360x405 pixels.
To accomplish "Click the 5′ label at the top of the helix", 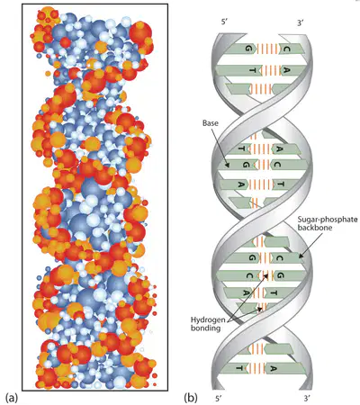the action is coord(225,22).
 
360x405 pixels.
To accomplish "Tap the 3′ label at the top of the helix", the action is coord(301,22).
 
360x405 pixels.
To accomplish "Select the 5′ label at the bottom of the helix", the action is coord(219,399).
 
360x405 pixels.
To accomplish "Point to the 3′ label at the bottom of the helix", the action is coord(306,399).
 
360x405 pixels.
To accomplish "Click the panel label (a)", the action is coord(12,398).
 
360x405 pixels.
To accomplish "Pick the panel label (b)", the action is coord(191,398).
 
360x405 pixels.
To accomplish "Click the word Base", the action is coord(211,123).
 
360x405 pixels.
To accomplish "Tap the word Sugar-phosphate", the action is coord(328,220).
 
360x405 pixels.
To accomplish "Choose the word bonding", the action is coord(205,328).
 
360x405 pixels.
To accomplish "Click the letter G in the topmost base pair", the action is coord(248,49).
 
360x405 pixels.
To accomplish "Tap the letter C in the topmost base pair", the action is coord(286,49).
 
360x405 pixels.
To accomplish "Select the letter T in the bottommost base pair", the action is coord(239,368).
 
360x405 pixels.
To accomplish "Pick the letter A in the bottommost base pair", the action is coord(273,368).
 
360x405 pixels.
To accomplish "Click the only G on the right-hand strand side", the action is coord(280,275).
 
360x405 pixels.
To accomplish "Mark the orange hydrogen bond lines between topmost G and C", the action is coord(268,49).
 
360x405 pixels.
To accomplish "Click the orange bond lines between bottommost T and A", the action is coord(256,368).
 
